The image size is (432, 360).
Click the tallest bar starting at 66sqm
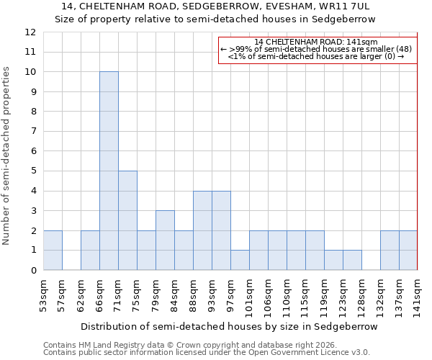tap(109, 171)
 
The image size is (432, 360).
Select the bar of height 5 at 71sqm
tap(127, 220)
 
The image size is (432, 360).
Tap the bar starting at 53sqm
tap(53, 250)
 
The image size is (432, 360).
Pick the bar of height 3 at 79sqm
tap(165, 240)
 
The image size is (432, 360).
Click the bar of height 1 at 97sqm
tap(240, 260)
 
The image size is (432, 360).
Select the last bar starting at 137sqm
tap(408, 250)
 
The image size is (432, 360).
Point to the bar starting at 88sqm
tap(202, 230)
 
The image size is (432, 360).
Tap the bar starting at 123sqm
tap(352, 260)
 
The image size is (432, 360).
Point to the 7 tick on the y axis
tap(33, 132)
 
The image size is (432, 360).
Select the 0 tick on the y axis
tap(33, 270)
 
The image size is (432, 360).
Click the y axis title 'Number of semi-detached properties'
tap(6, 156)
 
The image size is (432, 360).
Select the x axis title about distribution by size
tap(229, 326)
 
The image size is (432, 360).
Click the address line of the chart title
tap(215, 6)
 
